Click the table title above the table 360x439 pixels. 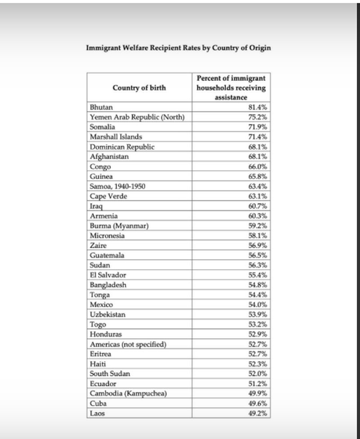[178, 48]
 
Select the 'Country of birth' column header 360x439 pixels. [139, 88]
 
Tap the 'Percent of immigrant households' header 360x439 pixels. [231, 87]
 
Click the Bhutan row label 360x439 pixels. [101, 107]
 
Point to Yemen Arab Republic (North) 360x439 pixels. [137, 117]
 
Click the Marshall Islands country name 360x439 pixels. [116, 137]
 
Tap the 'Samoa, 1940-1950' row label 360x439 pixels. [117, 186]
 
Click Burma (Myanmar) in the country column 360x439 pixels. [119, 226]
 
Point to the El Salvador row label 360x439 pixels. [108, 275]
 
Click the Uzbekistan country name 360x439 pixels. [108, 315]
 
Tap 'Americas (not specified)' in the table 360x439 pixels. [128, 344]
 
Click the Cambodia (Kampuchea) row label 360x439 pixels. [128, 393]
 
